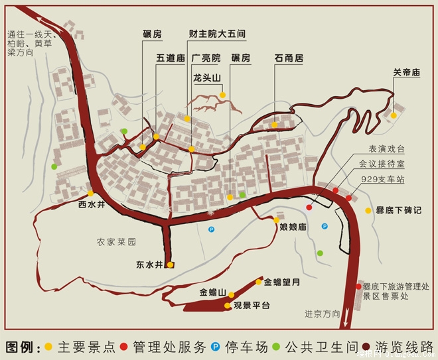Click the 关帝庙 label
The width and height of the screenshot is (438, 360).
pyautogui.click(x=407, y=72)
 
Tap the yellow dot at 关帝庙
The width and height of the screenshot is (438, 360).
pyautogui.click(x=394, y=115)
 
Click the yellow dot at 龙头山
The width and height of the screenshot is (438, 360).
pyautogui.click(x=223, y=95)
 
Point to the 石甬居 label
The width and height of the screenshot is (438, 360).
pyautogui.click(x=289, y=58)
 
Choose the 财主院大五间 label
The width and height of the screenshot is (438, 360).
pyautogui.click(x=216, y=32)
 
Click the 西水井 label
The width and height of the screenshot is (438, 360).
pyautogui.click(x=92, y=204)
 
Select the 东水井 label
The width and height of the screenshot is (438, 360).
pyautogui.click(x=149, y=265)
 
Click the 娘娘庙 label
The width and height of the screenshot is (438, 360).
pyautogui.click(x=292, y=227)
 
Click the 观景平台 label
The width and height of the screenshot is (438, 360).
pyautogui.click(x=252, y=306)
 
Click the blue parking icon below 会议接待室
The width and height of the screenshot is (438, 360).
pyautogui.click(x=325, y=226)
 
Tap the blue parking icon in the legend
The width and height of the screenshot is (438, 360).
pyautogui.click(x=215, y=346)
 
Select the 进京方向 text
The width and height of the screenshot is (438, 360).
pyautogui.click(x=323, y=314)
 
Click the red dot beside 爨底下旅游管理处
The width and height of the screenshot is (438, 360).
pyautogui.click(x=358, y=286)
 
